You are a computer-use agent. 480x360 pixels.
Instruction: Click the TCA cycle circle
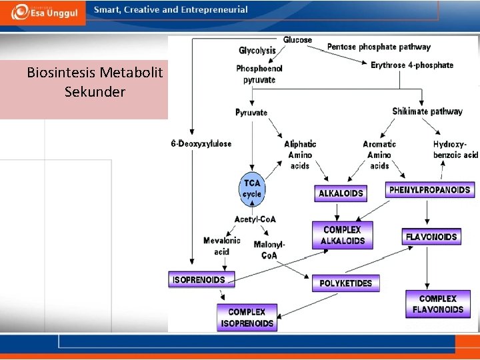coord(252,189)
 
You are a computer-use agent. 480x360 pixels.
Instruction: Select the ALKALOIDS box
coord(341,193)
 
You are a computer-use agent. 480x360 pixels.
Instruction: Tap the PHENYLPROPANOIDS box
coord(430,189)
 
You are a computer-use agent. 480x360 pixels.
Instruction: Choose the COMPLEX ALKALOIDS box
coord(343,235)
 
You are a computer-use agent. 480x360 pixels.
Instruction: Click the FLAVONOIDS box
coord(431,237)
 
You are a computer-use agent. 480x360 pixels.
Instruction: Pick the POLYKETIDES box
coord(346,283)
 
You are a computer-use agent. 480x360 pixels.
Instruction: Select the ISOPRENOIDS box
coord(199,279)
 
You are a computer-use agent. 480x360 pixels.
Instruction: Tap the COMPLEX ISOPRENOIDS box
coord(247,317)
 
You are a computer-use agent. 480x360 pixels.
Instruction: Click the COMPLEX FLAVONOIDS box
coord(437,304)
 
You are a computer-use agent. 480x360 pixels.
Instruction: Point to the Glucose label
coord(297,40)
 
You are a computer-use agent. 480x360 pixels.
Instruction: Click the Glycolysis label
coord(257,51)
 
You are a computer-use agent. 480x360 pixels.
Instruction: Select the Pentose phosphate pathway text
coord(379,47)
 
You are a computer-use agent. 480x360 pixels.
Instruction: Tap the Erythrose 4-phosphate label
coord(412,65)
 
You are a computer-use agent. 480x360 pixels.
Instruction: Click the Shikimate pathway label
coord(427,111)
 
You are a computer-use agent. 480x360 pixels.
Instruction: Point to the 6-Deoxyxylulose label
coord(201,143)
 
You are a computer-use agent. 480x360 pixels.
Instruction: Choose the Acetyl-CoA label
coord(255,219)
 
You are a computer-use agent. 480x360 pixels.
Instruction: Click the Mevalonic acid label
coord(222,246)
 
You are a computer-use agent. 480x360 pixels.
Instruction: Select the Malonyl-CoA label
coord(269,250)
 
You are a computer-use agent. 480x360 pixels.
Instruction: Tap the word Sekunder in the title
coord(95,92)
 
